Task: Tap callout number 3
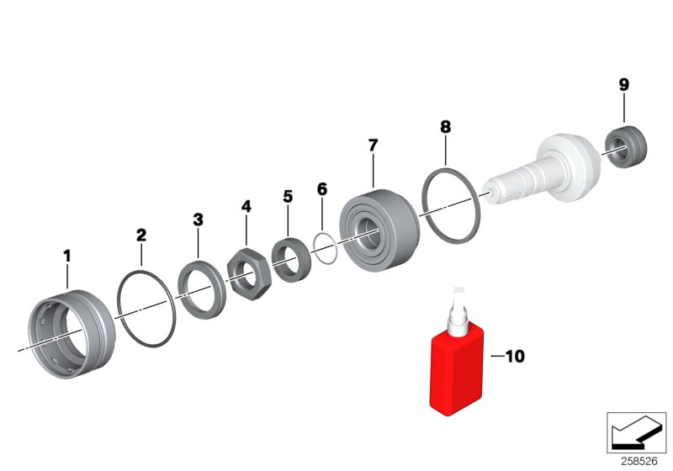[x=198, y=220]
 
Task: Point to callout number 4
[x=246, y=206]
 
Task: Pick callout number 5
[x=288, y=196]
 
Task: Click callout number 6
[x=321, y=188]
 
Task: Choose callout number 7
[x=373, y=145]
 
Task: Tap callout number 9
[x=623, y=84]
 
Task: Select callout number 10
[x=514, y=357]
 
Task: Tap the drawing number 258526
[x=640, y=460]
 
